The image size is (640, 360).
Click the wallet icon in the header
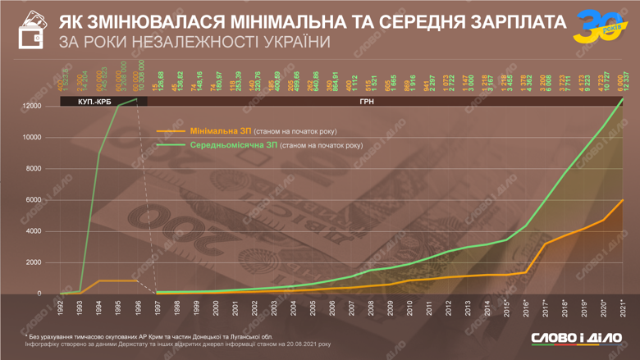31,30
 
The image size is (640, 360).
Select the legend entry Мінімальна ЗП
216,130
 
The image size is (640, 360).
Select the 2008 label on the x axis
371,308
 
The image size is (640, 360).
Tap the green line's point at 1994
99,153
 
